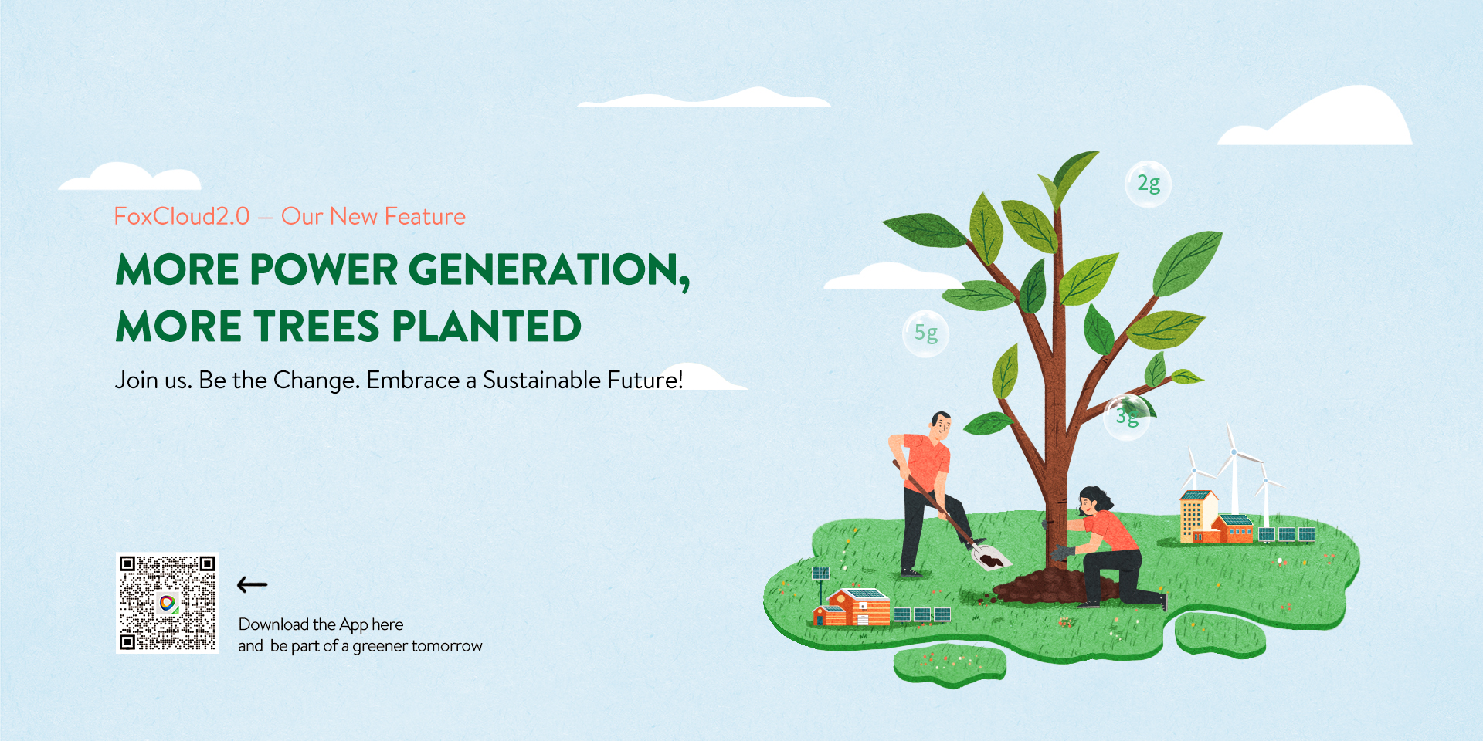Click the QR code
click(168, 603)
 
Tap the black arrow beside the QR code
click(252, 585)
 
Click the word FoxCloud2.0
click(182, 216)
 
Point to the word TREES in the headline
click(317, 326)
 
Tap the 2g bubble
click(1148, 184)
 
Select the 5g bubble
click(925, 333)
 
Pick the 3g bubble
click(1127, 418)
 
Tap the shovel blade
click(990, 557)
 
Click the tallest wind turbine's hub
click(1234, 452)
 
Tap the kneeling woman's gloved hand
click(1060, 553)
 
